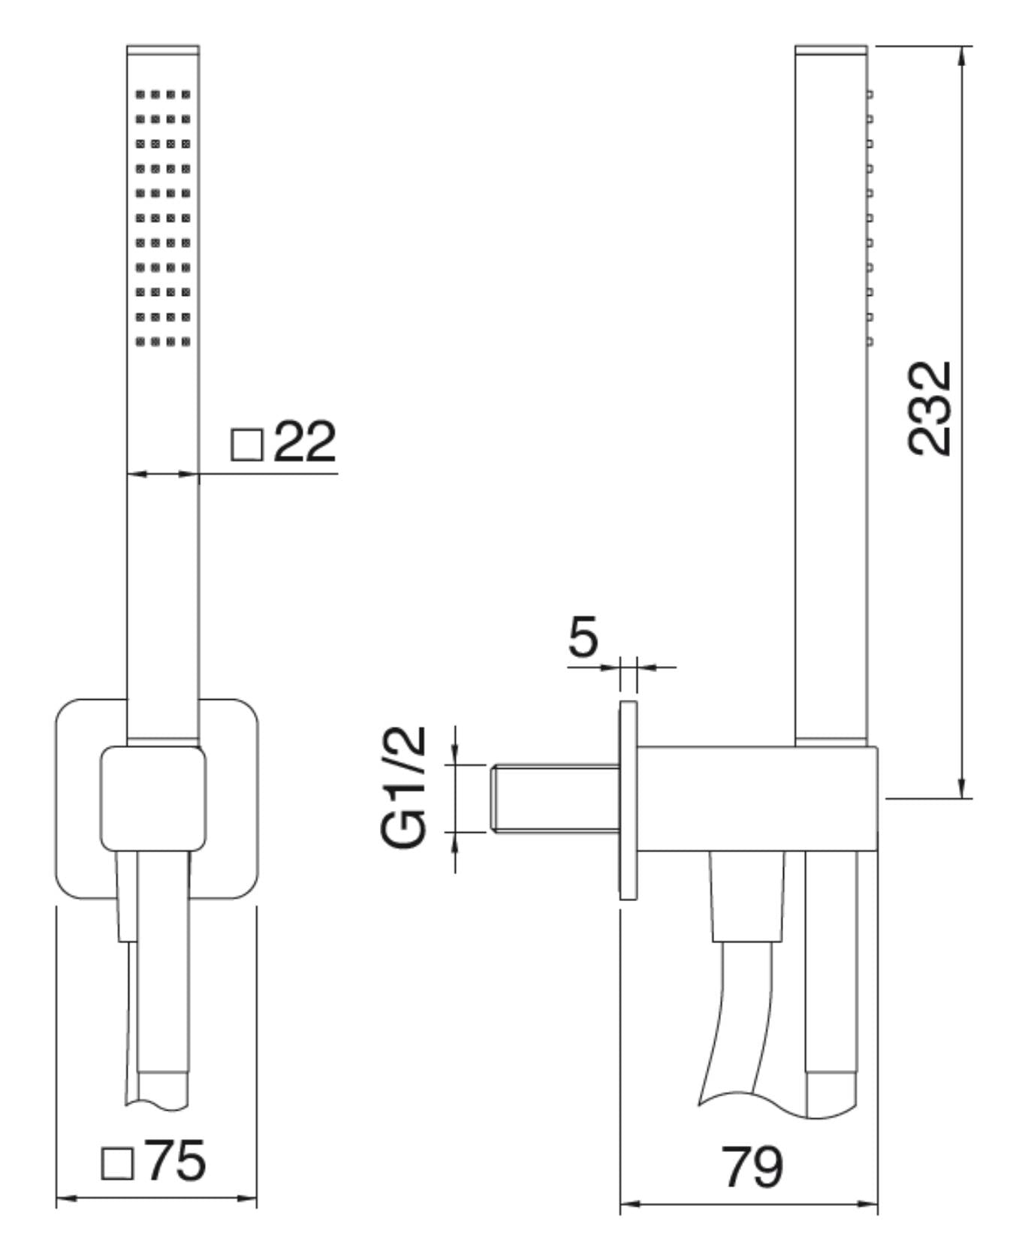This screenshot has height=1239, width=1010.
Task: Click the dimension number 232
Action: point(930,408)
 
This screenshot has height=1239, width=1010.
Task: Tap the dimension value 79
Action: point(751,1165)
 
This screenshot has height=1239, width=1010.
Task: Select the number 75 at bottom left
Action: point(175,1161)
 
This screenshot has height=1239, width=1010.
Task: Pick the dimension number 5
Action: point(583,637)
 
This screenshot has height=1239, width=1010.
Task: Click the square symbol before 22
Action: point(246,445)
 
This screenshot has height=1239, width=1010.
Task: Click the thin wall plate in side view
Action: point(628,800)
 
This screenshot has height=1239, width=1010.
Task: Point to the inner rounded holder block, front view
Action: point(153,798)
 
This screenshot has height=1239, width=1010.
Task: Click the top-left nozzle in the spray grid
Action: point(140,95)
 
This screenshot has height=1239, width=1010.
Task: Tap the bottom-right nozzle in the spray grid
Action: point(185,342)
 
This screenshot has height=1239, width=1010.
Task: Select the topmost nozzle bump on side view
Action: point(870,95)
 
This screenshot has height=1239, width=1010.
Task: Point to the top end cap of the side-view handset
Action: point(831,50)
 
